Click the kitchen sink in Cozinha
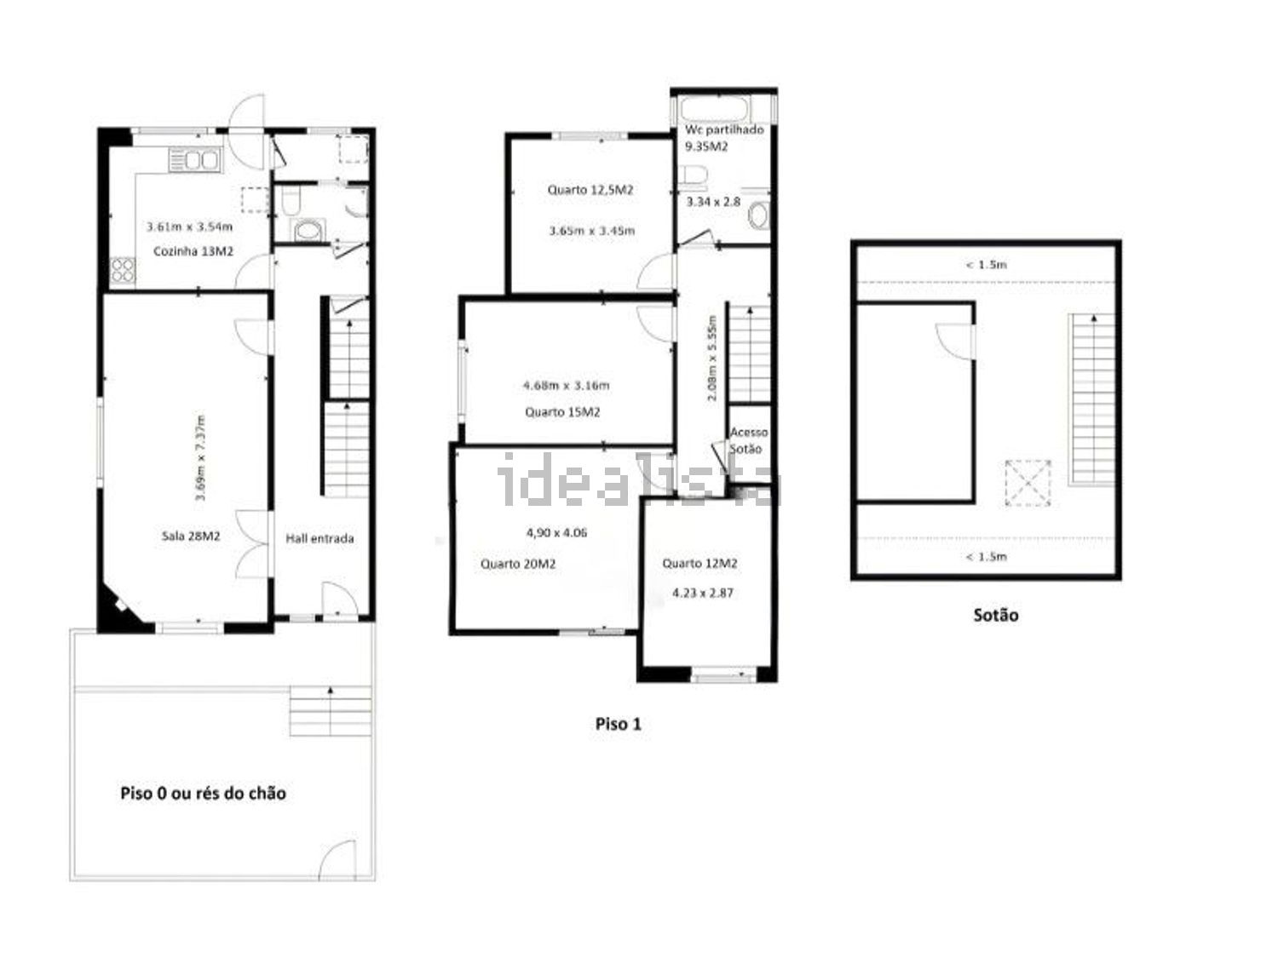coord(194,159)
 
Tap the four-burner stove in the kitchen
coord(123,270)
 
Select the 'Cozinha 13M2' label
coord(193,251)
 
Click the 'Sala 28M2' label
coord(190,536)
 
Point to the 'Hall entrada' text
coord(319,538)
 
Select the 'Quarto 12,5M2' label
coord(590,190)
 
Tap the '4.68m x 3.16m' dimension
coord(566,385)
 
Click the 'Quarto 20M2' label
coord(518,564)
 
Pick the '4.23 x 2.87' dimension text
coord(702,593)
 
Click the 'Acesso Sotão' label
coord(748,440)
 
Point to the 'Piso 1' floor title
coord(618,724)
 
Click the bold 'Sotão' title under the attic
coord(996,615)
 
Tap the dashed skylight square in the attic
coord(1028,483)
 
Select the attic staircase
coord(1091,399)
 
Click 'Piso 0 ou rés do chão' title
coord(203,793)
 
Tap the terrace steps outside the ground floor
coord(330,711)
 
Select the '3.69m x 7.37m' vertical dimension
coord(199,458)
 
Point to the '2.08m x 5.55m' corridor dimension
coord(711,358)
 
